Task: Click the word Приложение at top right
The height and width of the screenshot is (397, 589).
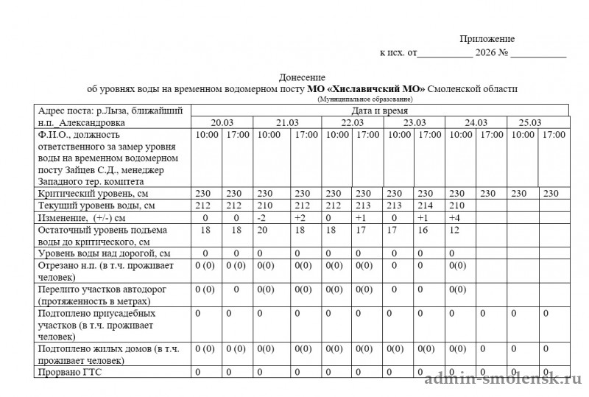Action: [x=487, y=39]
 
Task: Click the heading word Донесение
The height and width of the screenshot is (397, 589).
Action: [x=302, y=77]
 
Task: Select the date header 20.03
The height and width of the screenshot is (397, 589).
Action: [x=222, y=122]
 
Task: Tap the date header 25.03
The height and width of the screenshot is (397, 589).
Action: [x=531, y=122]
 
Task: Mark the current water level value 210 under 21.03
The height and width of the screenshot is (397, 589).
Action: [x=268, y=205]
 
